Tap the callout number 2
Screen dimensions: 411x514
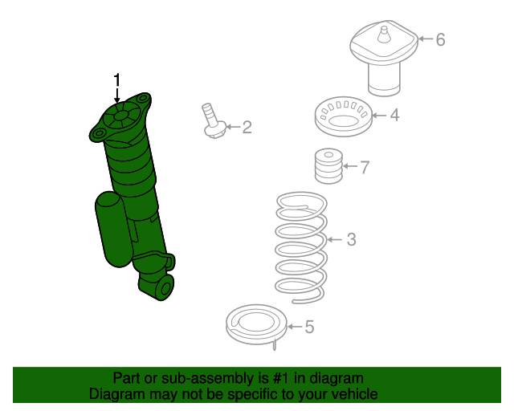coord(247,127)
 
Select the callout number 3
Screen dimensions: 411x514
coord(351,239)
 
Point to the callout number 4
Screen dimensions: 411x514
coord(394,116)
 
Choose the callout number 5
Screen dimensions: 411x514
coord(309,327)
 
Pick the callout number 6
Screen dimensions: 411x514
coord(440,39)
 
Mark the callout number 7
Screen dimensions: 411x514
coord(364,168)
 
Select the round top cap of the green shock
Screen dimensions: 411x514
coord(120,117)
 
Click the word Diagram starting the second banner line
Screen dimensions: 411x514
coord(116,394)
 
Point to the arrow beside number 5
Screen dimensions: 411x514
coord(293,327)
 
